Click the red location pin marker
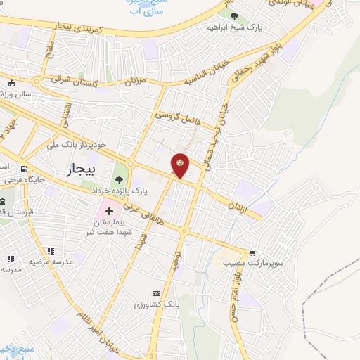[180, 165]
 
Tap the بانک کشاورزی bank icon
[156, 293]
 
